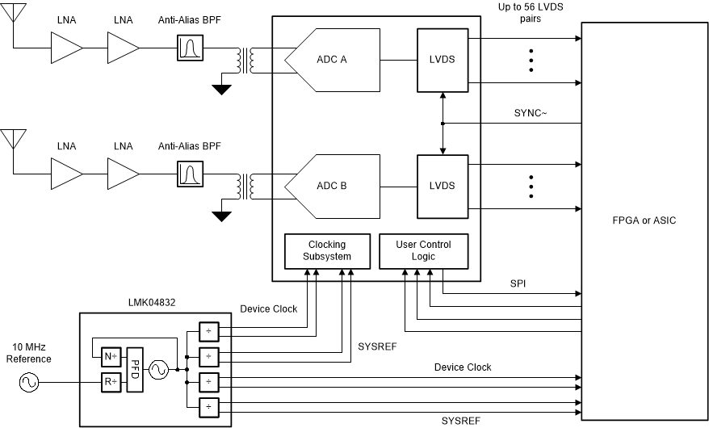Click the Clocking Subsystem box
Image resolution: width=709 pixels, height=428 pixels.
point(316,250)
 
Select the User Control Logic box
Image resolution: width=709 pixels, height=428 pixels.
point(423,250)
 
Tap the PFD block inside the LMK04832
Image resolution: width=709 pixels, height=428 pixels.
point(136,368)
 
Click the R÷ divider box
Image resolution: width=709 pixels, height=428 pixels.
point(111,383)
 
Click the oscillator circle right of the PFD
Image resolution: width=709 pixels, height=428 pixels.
point(157,369)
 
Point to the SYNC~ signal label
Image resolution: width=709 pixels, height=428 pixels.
point(531,112)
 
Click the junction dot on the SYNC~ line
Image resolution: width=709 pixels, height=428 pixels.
point(443,124)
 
